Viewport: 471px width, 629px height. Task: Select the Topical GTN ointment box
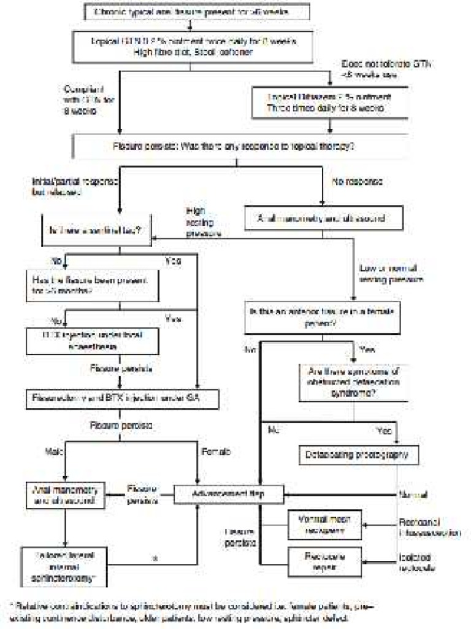coord(194,46)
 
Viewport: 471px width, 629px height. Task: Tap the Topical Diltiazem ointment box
coord(330,101)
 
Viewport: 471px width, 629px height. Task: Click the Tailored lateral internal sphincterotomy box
coord(64,565)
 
